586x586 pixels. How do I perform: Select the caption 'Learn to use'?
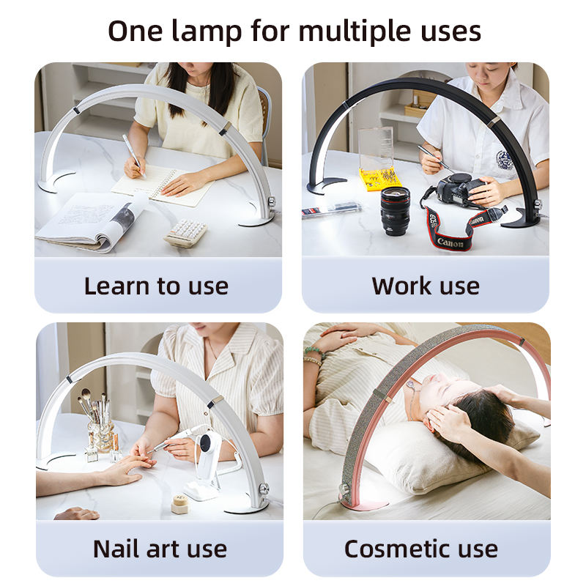(156, 286)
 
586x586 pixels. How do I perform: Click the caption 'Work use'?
(426, 286)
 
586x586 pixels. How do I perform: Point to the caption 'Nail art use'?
(160, 549)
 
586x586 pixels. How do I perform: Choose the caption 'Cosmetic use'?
(420, 549)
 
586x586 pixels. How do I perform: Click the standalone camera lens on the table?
(395, 211)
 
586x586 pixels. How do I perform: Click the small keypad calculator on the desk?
(186, 232)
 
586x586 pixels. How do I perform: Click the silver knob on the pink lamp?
(344, 488)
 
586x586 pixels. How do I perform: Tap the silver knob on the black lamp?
(537, 204)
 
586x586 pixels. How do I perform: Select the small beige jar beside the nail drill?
(181, 504)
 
